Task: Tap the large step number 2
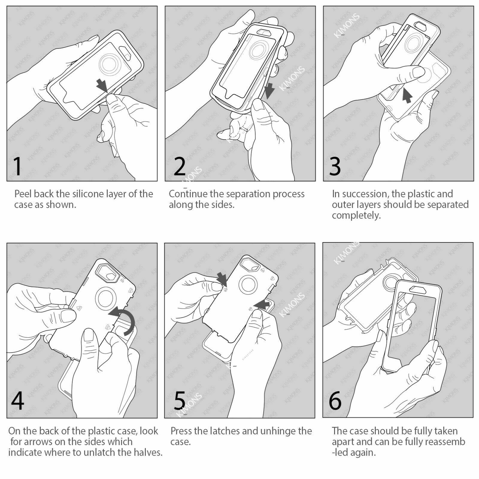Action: [180, 166]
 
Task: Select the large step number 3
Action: [335, 166]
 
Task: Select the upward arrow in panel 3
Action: [407, 95]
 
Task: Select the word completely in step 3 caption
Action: [356, 216]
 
